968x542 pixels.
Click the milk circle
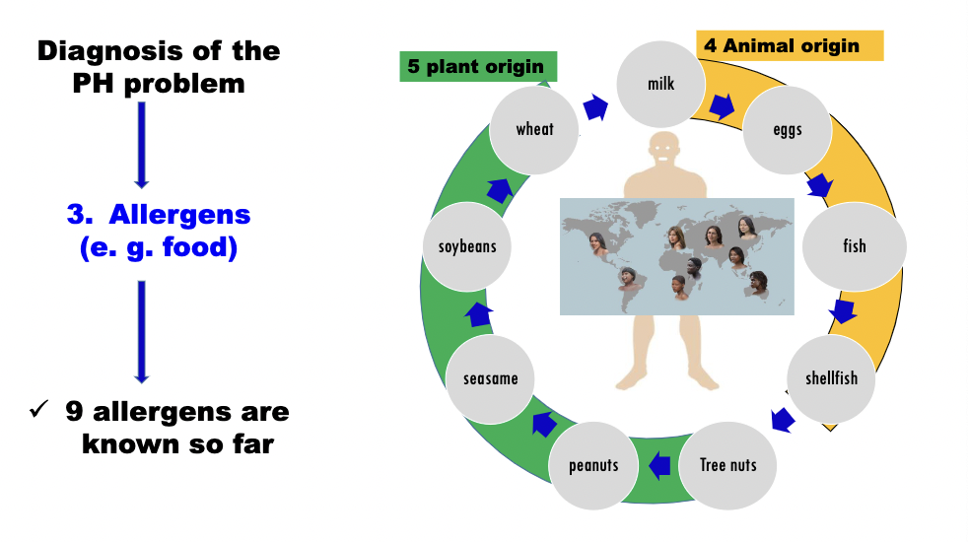(x=660, y=84)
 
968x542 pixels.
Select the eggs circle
(x=787, y=129)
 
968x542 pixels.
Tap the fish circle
(x=854, y=244)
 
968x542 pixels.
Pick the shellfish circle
(x=831, y=378)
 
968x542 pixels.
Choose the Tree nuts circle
(x=727, y=464)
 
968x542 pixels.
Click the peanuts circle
(x=593, y=464)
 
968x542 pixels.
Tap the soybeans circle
(x=467, y=246)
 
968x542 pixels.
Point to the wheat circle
(x=534, y=129)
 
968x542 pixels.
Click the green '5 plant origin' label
(x=477, y=67)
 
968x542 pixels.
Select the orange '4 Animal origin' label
(x=790, y=45)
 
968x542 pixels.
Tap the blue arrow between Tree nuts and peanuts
(x=659, y=464)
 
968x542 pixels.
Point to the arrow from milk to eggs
(x=724, y=105)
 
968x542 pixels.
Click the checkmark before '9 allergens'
(x=38, y=409)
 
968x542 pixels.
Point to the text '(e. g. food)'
(x=159, y=248)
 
